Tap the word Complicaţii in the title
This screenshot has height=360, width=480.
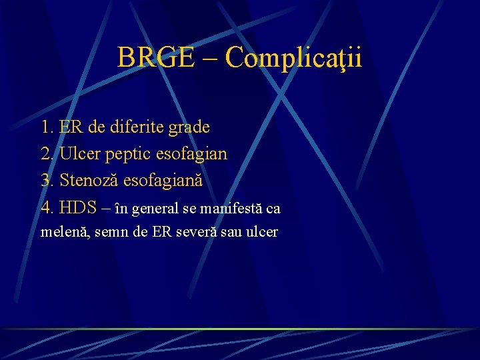point(294,59)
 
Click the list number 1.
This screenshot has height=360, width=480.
point(47,127)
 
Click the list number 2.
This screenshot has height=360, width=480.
point(47,154)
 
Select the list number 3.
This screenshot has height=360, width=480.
point(47,181)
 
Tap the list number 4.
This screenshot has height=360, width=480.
point(47,208)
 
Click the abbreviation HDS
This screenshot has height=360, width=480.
point(78,208)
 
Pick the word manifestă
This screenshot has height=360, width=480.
point(232,209)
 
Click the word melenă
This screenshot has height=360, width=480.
point(61,233)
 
